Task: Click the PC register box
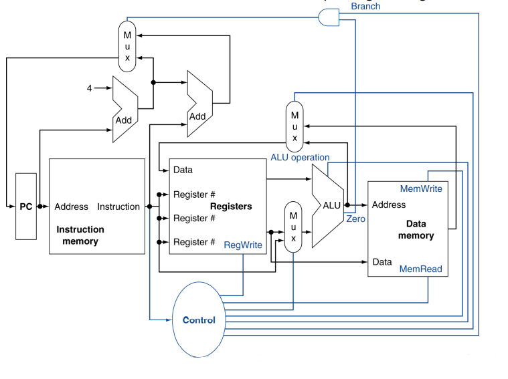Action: (26, 207)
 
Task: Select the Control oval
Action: (199, 320)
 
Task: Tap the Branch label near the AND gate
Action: (365, 6)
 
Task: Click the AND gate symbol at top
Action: (329, 18)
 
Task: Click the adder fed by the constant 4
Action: (124, 109)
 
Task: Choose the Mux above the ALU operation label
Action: (294, 126)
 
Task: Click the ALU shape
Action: (329, 206)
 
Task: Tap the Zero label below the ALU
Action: (356, 219)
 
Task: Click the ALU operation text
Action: (300, 157)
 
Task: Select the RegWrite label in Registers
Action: (243, 245)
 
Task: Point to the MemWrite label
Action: (421, 188)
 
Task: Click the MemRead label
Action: (420, 269)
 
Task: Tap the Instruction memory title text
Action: (80, 235)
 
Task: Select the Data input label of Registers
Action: (183, 170)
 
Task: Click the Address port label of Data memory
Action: (389, 205)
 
